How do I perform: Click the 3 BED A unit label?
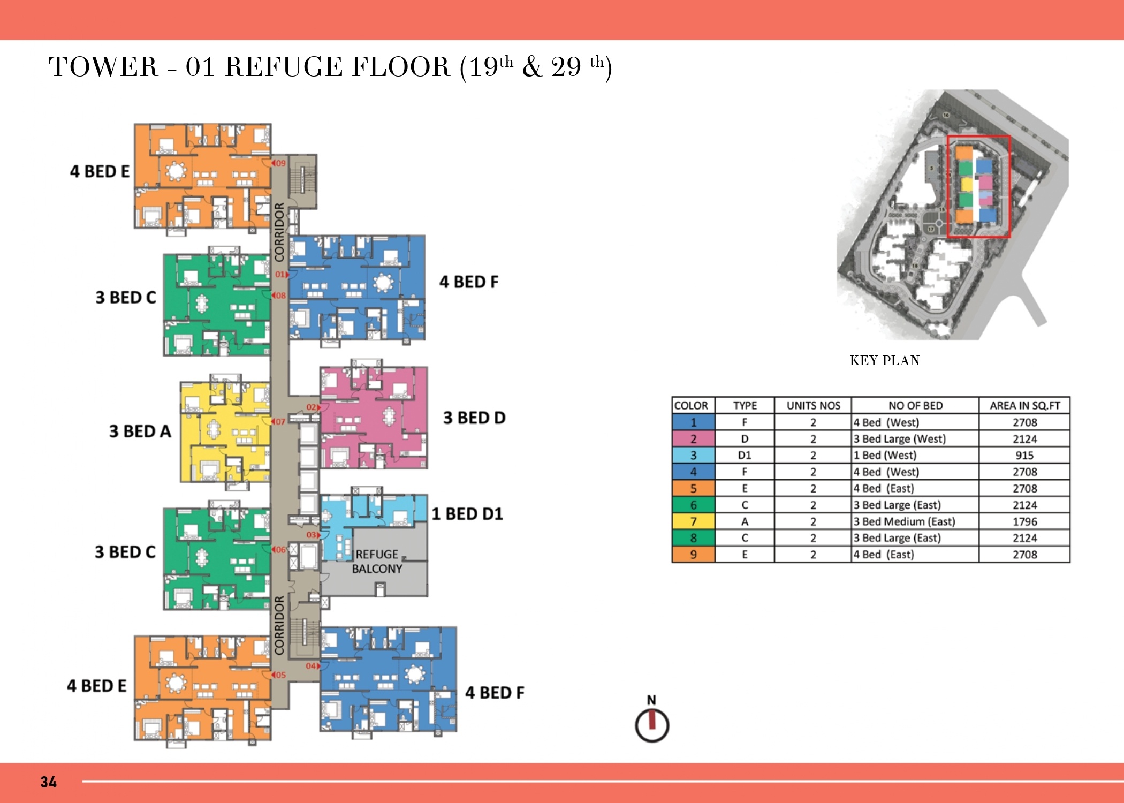coord(140,431)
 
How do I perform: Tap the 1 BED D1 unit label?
coord(467,514)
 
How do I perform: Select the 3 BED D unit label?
coord(474,418)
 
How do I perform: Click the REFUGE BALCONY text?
coord(377,562)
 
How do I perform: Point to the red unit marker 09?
coord(279,163)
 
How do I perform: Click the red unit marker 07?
coord(279,421)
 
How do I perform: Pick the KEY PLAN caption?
coord(885,360)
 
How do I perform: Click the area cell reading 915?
coord(1024,455)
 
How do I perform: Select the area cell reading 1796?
coord(1024,521)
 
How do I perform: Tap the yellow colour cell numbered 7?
coord(693,521)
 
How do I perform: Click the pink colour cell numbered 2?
coord(693,439)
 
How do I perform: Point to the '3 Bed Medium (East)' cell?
coord(904,521)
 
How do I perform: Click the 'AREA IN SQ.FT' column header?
coord(1024,405)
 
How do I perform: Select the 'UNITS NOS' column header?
coord(813,405)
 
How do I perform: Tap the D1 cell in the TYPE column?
coord(745,455)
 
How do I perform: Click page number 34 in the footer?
coord(48,782)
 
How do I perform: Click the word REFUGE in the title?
coord(284,67)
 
